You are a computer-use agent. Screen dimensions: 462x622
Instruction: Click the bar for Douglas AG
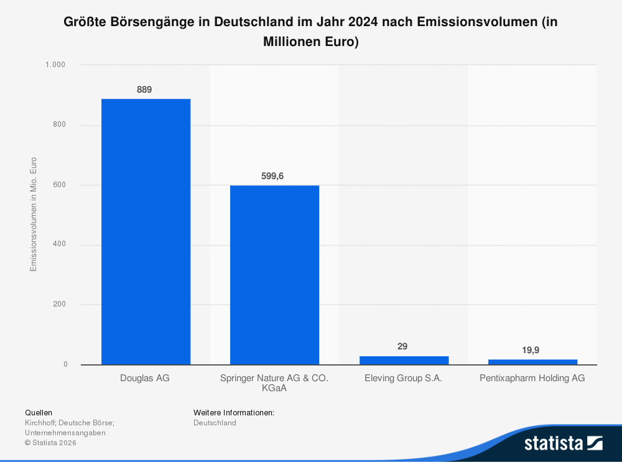pos(146,231)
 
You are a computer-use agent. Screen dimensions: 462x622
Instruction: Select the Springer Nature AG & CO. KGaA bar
pos(274,275)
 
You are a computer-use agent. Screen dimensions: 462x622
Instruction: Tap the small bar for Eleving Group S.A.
pos(404,360)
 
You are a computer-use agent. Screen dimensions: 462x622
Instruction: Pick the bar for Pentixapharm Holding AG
pos(532,362)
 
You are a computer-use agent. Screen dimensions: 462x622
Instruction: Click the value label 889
pos(144,90)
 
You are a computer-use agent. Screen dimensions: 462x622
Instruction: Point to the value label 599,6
pos(272,176)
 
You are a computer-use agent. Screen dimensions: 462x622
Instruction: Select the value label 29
pos(402,346)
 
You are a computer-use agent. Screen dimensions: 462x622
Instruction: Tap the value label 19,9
pos(531,350)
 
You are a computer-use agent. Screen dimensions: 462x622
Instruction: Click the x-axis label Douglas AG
pos(144,378)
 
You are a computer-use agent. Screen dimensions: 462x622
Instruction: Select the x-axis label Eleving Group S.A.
pos(403,378)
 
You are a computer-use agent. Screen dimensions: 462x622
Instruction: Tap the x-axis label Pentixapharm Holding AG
pos(532,378)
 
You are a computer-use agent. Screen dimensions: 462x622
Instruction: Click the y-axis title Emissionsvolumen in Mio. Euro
pos(34,215)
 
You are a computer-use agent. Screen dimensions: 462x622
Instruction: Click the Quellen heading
pos(39,412)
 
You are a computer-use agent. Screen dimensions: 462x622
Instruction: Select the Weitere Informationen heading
pos(234,412)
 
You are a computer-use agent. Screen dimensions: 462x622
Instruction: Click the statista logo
pos(563,443)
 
